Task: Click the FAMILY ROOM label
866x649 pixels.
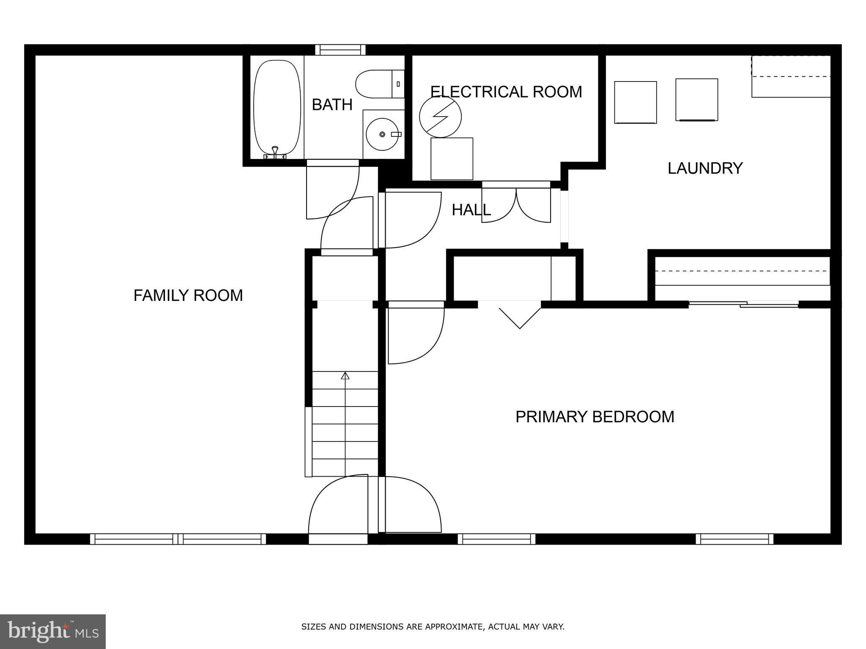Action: (x=188, y=295)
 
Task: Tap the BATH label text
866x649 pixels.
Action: (x=332, y=105)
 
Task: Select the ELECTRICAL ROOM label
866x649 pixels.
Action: (x=506, y=92)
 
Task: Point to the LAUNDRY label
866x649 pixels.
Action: (x=705, y=168)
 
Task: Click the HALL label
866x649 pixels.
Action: (x=471, y=210)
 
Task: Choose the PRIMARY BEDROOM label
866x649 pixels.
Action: (x=595, y=417)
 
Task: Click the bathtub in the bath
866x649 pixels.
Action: (x=277, y=108)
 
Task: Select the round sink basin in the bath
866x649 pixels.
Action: (x=382, y=134)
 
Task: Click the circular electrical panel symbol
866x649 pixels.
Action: (x=440, y=117)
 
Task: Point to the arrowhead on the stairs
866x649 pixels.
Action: (x=345, y=375)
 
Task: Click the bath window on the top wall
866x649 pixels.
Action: (x=340, y=50)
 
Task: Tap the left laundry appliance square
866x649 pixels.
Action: (x=635, y=102)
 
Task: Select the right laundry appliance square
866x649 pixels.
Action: (x=696, y=100)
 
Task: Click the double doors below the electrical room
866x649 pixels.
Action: (x=516, y=204)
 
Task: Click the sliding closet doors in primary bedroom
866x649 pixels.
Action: (x=743, y=304)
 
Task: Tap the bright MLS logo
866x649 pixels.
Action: (x=53, y=631)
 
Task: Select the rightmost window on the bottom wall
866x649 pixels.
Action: (x=734, y=539)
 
